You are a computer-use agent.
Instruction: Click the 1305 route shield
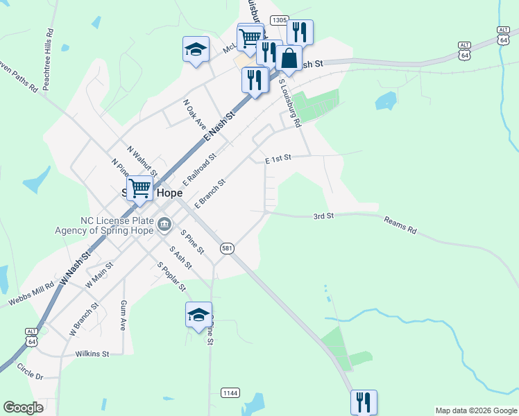tap(280, 21)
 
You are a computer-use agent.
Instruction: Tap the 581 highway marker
tap(227, 248)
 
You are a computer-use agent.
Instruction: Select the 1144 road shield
tap(230, 393)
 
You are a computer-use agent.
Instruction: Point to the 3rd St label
tap(323, 216)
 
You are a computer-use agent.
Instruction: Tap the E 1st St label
tap(277, 159)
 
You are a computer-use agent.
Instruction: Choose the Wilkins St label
tap(93, 354)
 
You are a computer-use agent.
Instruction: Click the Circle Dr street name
tap(30, 371)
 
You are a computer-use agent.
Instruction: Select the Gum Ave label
tap(124, 315)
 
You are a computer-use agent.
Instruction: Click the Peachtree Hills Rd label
tap(48, 51)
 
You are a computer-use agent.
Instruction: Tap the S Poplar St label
tap(172, 276)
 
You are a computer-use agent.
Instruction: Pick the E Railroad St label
tap(201, 171)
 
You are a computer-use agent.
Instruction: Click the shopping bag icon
tap(289, 58)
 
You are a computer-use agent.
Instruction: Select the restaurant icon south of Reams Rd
tap(364, 401)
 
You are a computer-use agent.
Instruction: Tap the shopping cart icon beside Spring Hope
tap(139, 187)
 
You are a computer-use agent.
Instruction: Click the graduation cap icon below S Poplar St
tap(198, 314)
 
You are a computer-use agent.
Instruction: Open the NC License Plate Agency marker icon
tap(165, 223)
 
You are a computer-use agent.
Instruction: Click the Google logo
tap(23, 408)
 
